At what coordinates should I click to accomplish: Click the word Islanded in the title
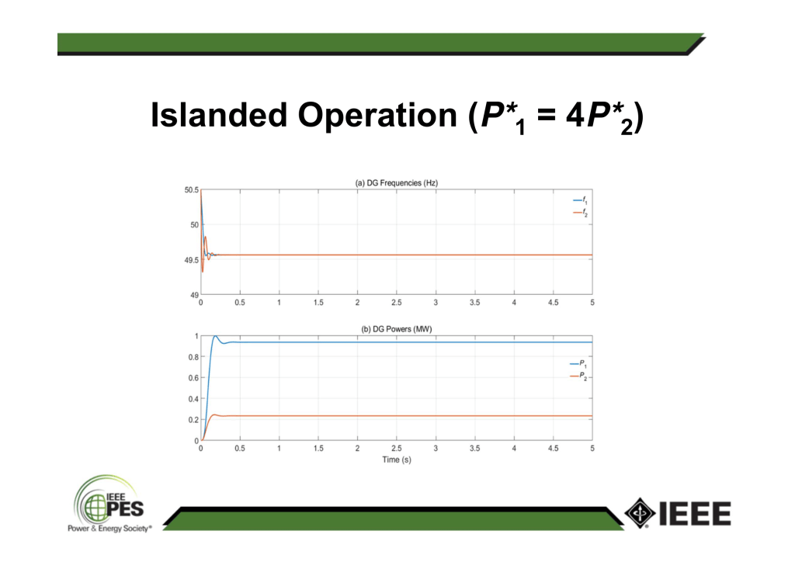(x=219, y=115)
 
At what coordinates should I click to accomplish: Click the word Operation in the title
(x=377, y=115)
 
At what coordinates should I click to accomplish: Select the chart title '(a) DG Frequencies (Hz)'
(x=397, y=183)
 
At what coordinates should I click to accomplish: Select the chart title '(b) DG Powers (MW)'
(x=397, y=329)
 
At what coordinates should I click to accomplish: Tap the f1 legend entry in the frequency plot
(x=580, y=201)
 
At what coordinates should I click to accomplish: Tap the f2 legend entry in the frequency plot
(x=580, y=213)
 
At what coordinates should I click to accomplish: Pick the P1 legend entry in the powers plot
(x=578, y=364)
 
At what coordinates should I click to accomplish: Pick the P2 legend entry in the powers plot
(x=578, y=376)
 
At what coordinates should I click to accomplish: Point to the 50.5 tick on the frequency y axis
(x=191, y=190)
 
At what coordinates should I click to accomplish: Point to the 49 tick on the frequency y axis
(x=195, y=295)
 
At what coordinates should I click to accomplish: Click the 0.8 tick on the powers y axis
(x=193, y=357)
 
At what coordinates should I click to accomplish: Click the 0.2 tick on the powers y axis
(x=193, y=420)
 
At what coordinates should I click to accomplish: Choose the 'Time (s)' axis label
(x=397, y=460)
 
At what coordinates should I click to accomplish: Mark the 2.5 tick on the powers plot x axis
(x=397, y=449)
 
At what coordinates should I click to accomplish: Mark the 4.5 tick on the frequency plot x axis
(x=553, y=303)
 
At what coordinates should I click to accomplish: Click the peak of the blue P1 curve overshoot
(x=215, y=336)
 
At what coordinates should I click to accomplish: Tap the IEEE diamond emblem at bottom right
(x=641, y=513)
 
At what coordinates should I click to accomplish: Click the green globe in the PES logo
(x=95, y=508)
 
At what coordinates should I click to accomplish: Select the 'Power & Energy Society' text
(x=109, y=529)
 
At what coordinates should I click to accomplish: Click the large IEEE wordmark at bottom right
(x=695, y=513)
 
